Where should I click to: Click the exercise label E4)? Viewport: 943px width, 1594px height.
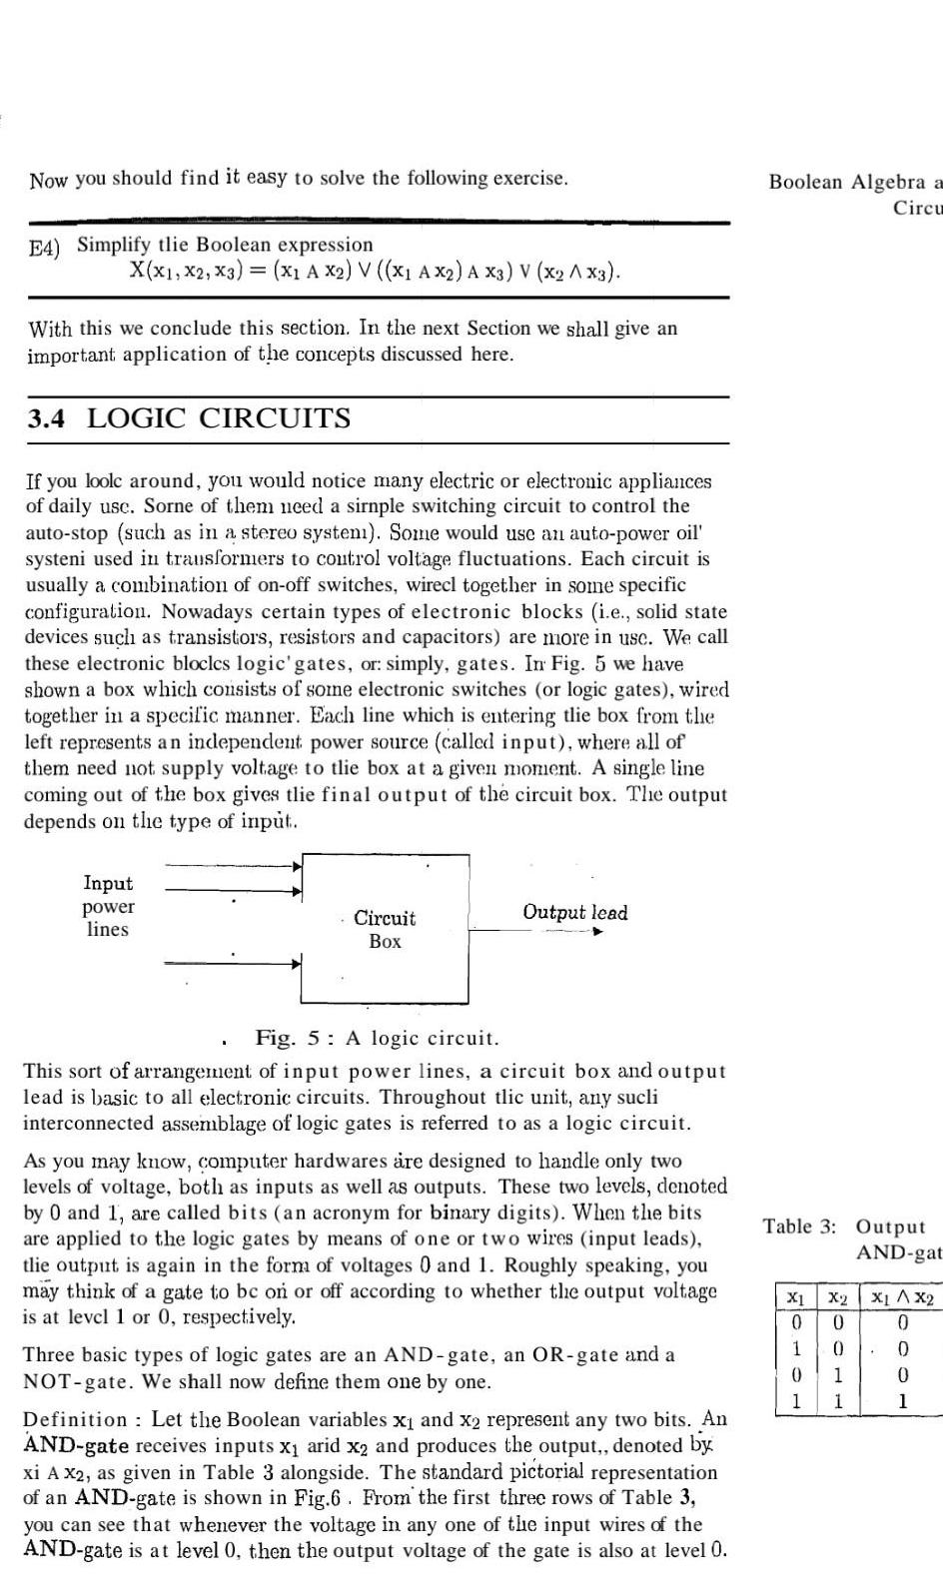coord(45,248)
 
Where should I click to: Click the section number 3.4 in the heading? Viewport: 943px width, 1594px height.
coord(47,418)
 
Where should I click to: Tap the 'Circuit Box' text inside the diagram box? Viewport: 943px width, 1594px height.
coord(385,929)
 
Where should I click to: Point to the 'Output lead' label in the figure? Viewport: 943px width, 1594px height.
coord(574,912)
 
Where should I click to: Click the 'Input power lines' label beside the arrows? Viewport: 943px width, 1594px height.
coord(107,906)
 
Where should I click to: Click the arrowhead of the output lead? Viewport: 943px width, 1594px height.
coord(597,932)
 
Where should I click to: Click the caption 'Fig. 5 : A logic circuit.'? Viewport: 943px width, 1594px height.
coord(377,1038)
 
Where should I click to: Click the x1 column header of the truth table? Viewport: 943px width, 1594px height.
coord(795,1297)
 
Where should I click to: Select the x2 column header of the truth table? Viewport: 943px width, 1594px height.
coord(839,1297)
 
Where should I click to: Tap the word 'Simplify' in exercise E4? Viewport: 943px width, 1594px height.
coord(113,245)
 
